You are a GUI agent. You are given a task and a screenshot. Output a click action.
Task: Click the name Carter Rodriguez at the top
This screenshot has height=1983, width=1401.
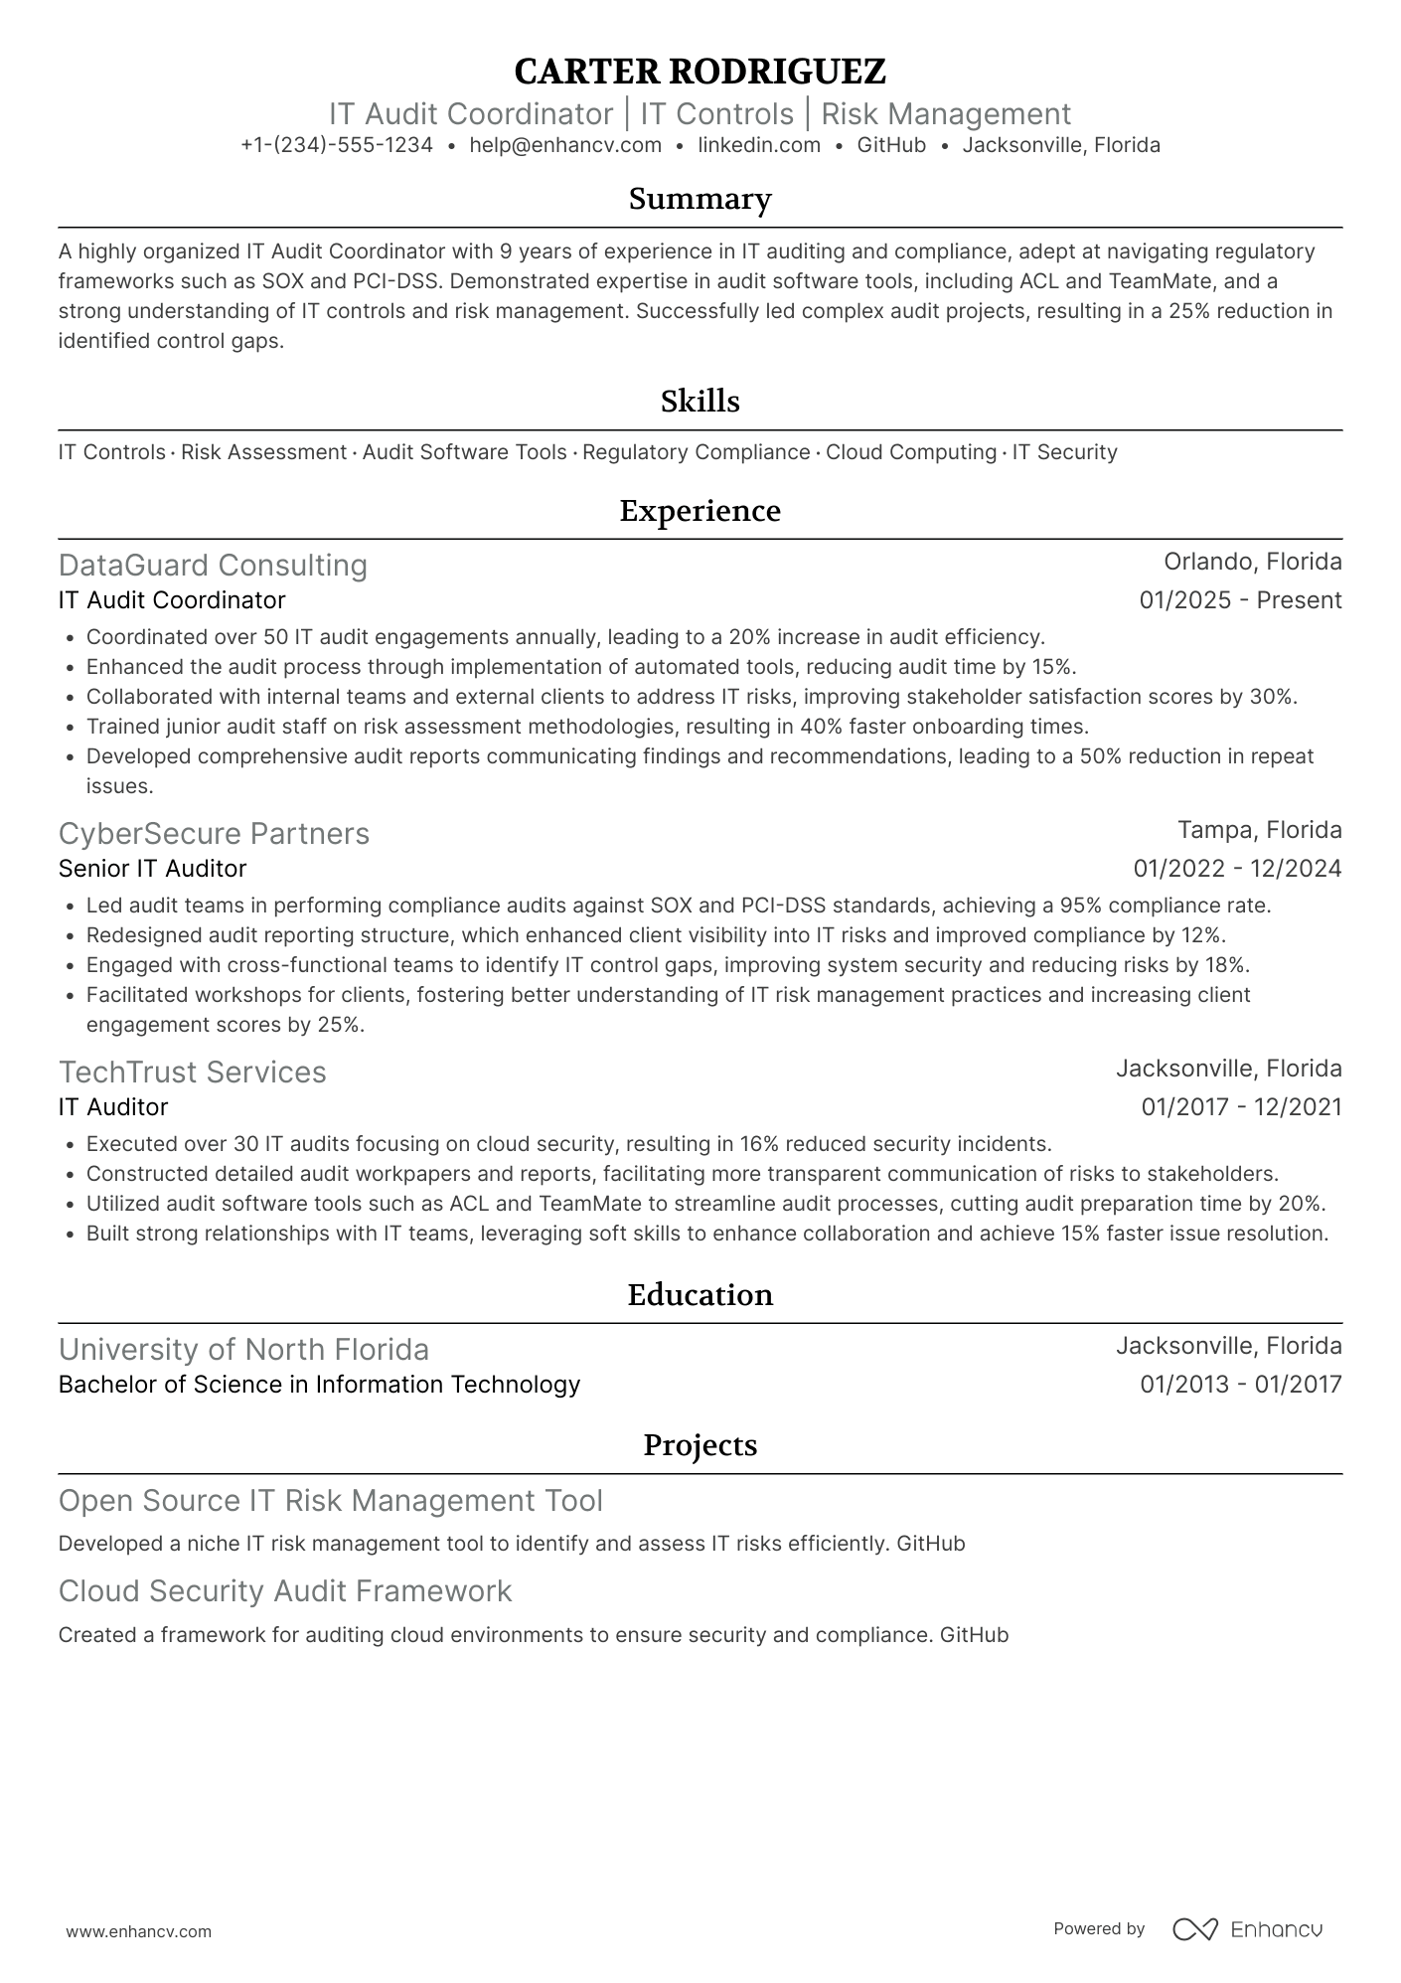(x=700, y=72)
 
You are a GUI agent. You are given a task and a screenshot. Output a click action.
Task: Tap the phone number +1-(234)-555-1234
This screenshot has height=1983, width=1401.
(x=337, y=145)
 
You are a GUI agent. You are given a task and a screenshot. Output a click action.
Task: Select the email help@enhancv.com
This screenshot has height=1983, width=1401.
(x=565, y=145)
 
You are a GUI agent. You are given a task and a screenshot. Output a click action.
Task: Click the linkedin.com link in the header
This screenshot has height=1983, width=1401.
(x=759, y=145)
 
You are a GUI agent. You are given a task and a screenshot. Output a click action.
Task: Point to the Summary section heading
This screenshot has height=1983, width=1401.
(x=700, y=199)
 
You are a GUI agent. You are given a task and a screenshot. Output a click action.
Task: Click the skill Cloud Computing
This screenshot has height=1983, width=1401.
(x=910, y=452)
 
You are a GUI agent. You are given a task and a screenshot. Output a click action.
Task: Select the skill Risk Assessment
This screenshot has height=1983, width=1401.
(x=263, y=452)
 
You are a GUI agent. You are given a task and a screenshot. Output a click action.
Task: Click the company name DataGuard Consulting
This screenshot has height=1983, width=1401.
(x=213, y=566)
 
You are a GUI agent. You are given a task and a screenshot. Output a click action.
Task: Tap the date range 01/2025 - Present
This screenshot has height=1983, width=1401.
(x=1240, y=600)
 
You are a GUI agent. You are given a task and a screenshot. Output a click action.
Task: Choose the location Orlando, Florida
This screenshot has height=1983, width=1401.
(x=1252, y=562)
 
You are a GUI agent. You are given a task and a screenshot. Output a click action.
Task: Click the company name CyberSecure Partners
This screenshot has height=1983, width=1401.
(x=214, y=834)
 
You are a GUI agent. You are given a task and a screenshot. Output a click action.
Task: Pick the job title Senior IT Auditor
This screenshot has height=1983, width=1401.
(x=152, y=869)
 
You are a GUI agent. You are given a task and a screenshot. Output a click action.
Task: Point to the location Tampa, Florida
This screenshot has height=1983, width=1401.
(x=1259, y=830)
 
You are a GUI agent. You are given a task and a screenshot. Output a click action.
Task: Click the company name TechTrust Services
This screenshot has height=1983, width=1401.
(x=192, y=1073)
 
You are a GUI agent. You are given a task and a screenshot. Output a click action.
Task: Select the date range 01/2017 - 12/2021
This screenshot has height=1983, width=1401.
(x=1241, y=1107)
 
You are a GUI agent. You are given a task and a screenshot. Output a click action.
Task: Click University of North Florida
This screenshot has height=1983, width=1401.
(x=243, y=1350)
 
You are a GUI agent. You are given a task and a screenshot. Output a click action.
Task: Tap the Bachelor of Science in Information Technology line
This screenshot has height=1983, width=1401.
(x=319, y=1385)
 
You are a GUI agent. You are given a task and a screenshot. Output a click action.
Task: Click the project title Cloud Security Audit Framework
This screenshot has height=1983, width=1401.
(x=285, y=1591)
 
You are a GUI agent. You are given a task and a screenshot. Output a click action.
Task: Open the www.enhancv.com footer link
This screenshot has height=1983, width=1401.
(x=138, y=1932)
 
